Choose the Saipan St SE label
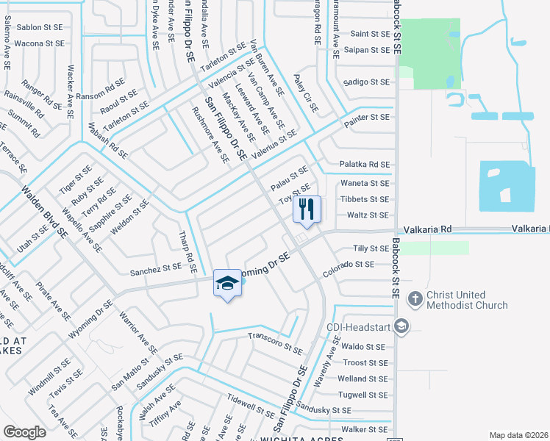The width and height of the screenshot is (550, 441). (370, 50)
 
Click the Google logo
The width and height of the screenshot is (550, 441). (24, 431)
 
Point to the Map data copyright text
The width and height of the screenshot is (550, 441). (519, 435)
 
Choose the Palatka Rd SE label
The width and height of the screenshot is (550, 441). (364, 165)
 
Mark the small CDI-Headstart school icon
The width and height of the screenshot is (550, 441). (402, 326)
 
